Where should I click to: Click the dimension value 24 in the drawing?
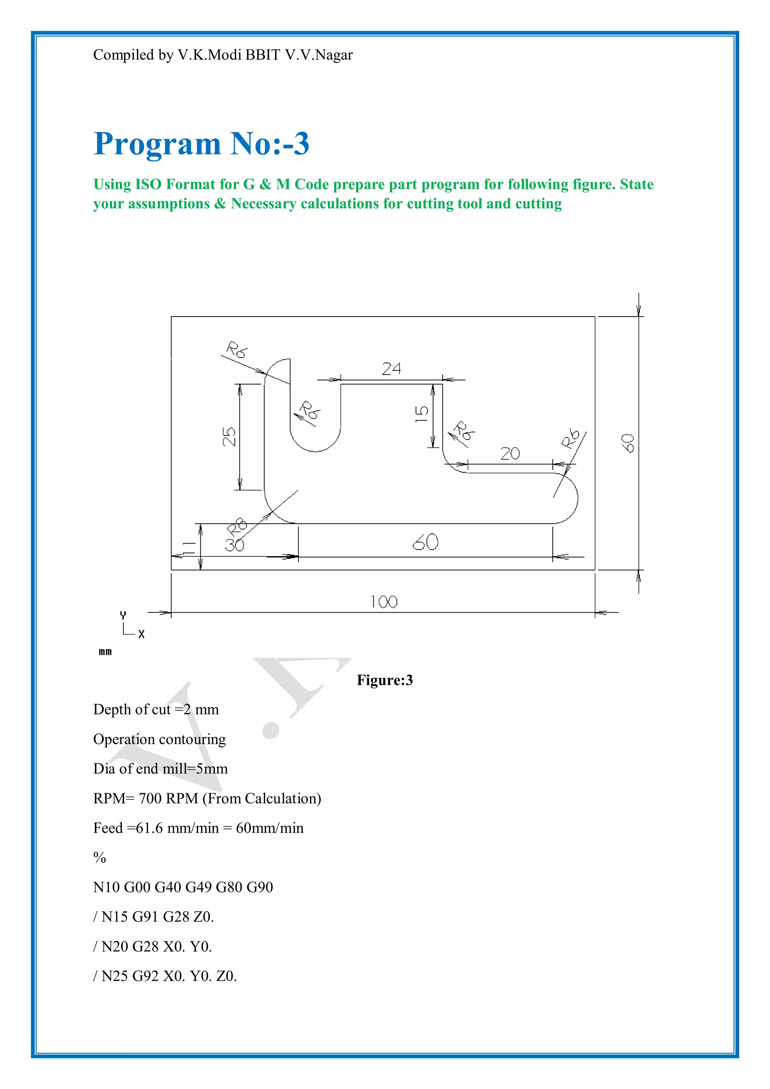pyautogui.click(x=391, y=368)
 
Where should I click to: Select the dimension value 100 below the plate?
pyautogui.click(x=384, y=602)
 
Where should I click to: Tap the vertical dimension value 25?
pyautogui.click(x=229, y=436)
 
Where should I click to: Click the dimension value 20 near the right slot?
pyautogui.click(x=510, y=454)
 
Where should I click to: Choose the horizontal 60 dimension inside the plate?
pyautogui.click(x=426, y=542)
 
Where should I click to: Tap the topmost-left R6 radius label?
pyautogui.click(x=236, y=350)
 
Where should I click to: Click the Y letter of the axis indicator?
pyautogui.click(x=123, y=615)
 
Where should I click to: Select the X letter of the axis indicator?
pyautogui.click(x=141, y=634)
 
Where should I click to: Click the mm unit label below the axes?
pyautogui.click(x=105, y=652)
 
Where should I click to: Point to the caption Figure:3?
pyautogui.click(x=385, y=680)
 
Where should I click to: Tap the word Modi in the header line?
pyautogui.click(x=225, y=55)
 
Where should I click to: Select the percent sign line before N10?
pyautogui.click(x=100, y=857)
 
